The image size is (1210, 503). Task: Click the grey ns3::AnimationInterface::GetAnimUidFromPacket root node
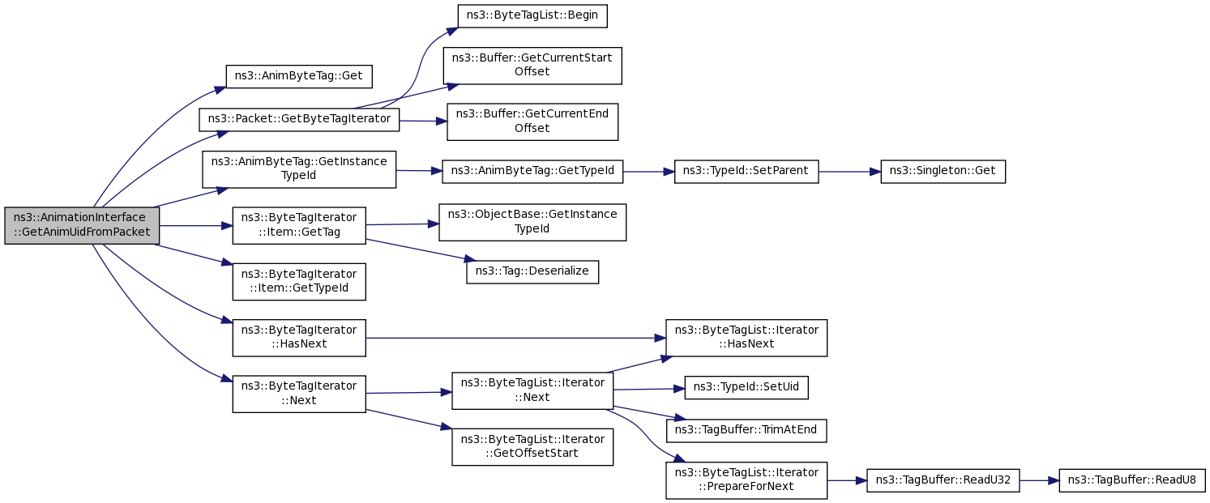(x=82, y=226)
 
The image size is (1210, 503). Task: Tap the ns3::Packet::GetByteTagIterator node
(x=299, y=119)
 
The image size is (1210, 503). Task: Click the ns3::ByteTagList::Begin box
(x=532, y=15)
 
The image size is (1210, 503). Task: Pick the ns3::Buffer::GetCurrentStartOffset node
(x=532, y=66)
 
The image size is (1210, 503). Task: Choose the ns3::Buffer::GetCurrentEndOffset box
(x=532, y=121)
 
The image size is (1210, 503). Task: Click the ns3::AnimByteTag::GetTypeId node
(x=532, y=171)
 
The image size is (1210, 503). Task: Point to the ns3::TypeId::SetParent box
(x=746, y=172)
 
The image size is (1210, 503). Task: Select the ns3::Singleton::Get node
(x=943, y=172)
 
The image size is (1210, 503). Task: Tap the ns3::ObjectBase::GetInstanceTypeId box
(x=532, y=222)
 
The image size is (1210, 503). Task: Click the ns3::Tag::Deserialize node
(x=532, y=271)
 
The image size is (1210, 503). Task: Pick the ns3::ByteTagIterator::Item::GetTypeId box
(x=299, y=282)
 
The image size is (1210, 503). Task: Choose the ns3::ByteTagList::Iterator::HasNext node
(x=746, y=338)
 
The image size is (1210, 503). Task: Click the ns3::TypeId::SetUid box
(x=746, y=387)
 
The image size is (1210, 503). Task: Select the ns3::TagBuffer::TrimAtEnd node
(x=746, y=431)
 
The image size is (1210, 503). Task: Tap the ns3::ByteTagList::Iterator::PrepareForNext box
(x=746, y=480)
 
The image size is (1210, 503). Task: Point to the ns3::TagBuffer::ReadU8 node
(x=1132, y=480)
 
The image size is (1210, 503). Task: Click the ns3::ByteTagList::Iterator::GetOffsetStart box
(x=532, y=446)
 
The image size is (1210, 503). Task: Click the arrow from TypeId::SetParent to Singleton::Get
(x=849, y=172)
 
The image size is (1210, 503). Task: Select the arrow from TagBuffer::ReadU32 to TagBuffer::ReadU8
(x=1039, y=480)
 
